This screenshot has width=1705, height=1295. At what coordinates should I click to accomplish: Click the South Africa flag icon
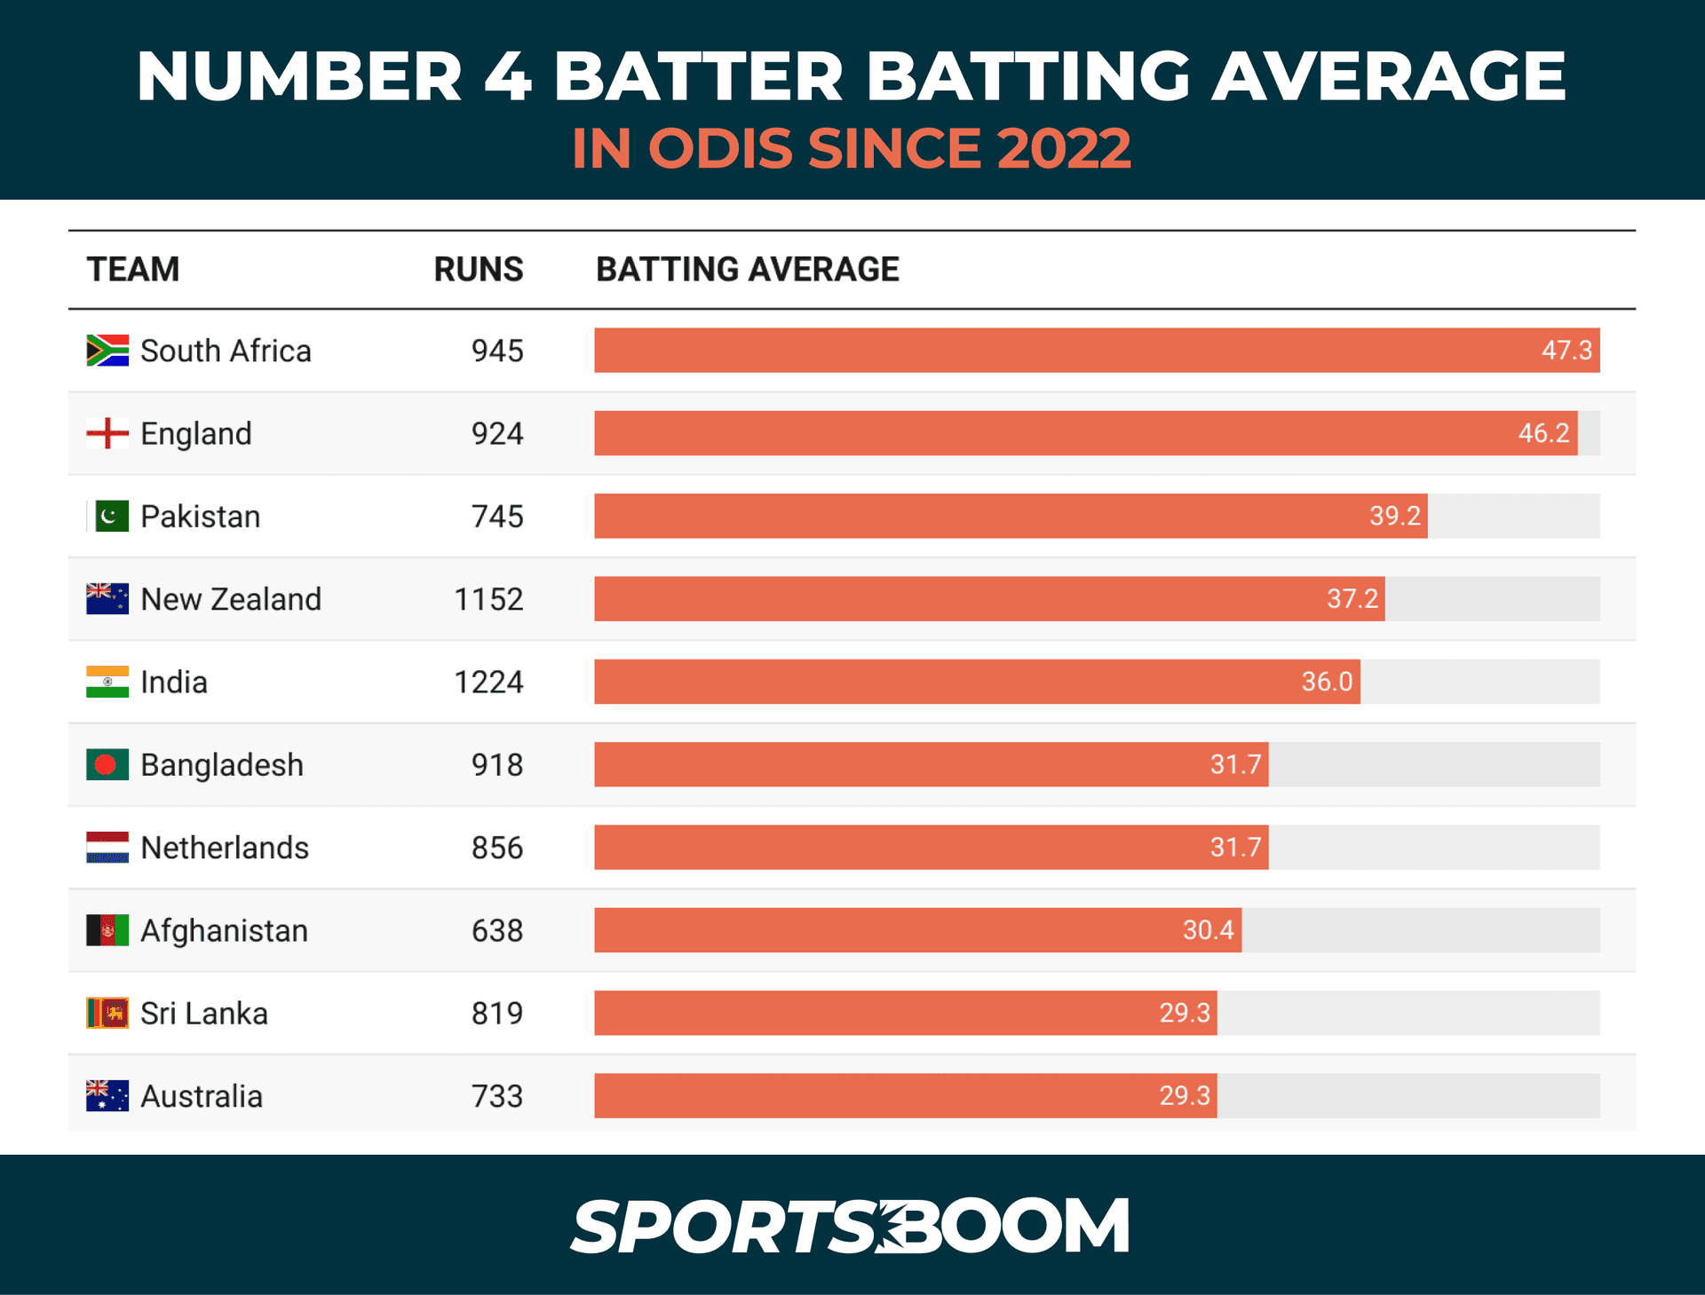click(107, 351)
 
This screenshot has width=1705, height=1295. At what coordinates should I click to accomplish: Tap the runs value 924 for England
click(497, 434)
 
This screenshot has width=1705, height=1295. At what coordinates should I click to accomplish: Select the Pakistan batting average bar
click(1011, 517)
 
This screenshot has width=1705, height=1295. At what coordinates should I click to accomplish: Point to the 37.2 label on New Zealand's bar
click(1352, 599)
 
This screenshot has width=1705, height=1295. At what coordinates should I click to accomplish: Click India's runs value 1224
click(488, 683)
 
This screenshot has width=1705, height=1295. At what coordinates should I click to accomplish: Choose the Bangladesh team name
click(222, 765)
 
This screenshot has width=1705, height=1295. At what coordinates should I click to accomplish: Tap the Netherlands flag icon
click(107, 848)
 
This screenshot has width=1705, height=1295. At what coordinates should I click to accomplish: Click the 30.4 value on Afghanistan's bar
click(1208, 930)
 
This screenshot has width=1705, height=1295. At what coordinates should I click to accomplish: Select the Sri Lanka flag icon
click(107, 1013)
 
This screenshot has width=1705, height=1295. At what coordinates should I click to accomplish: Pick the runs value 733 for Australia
click(497, 1096)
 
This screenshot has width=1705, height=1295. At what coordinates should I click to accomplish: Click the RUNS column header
click(479, 270)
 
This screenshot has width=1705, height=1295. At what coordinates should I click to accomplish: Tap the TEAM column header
click(133, 270)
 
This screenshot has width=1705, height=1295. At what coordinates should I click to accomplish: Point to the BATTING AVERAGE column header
click(747, 270)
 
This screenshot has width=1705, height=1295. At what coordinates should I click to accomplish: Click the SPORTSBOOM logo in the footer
click(850, 1226)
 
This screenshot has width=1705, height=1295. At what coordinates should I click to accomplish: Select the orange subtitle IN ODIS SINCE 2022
click(851, 148)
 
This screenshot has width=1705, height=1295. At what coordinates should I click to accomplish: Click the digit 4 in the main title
click(508, 76)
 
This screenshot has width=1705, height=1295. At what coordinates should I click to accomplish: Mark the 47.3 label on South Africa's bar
click(1566, 351)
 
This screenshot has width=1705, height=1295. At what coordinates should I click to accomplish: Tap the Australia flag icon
click(107, 1096)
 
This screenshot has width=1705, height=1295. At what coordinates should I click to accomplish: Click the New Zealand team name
click(231, 600)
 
